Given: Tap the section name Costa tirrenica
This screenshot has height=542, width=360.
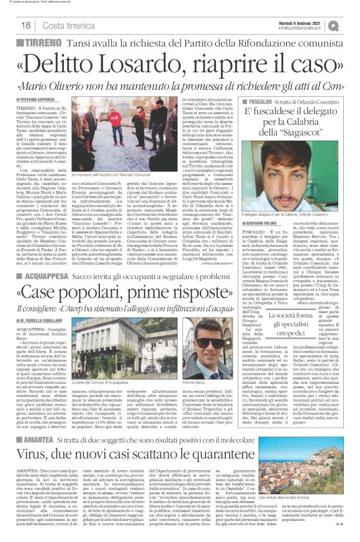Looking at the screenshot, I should (x=64, y=25).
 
